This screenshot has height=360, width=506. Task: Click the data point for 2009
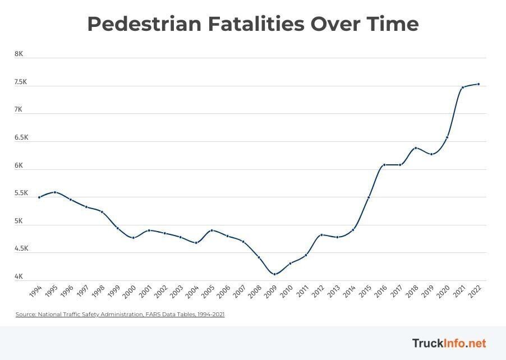pos(274,274)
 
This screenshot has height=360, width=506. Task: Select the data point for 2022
pos(478,84)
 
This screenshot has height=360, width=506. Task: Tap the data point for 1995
pos(54,192)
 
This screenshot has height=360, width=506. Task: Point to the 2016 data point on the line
pos(384,165)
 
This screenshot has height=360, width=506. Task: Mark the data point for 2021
pos(462,87)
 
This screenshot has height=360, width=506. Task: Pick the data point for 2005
pos(211,230)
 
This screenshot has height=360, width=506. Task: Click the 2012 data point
pos(321,235)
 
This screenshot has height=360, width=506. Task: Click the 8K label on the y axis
pos(19,54)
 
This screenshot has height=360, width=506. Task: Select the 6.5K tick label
pos(21,137)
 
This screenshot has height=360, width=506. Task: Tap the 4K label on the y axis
pos(19,276)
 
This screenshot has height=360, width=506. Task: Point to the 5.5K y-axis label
pos(21,193)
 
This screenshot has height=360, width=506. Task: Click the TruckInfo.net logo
pos(449,343)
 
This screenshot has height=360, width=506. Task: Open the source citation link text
pos(120,315)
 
